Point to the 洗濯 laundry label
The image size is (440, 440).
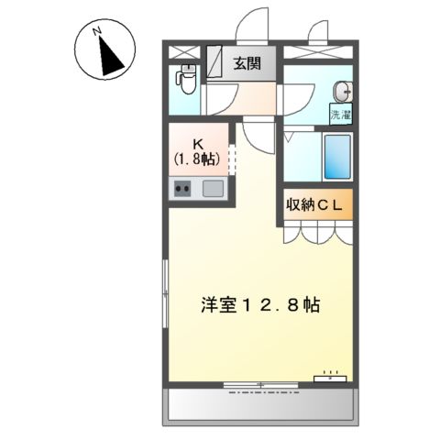click(341, 116)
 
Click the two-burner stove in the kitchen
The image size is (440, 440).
click(182, 191)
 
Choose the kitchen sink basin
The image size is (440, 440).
click(213, 190)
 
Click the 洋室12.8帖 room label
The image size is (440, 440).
click(260, 307)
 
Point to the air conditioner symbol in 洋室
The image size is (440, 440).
click(330, 376)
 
